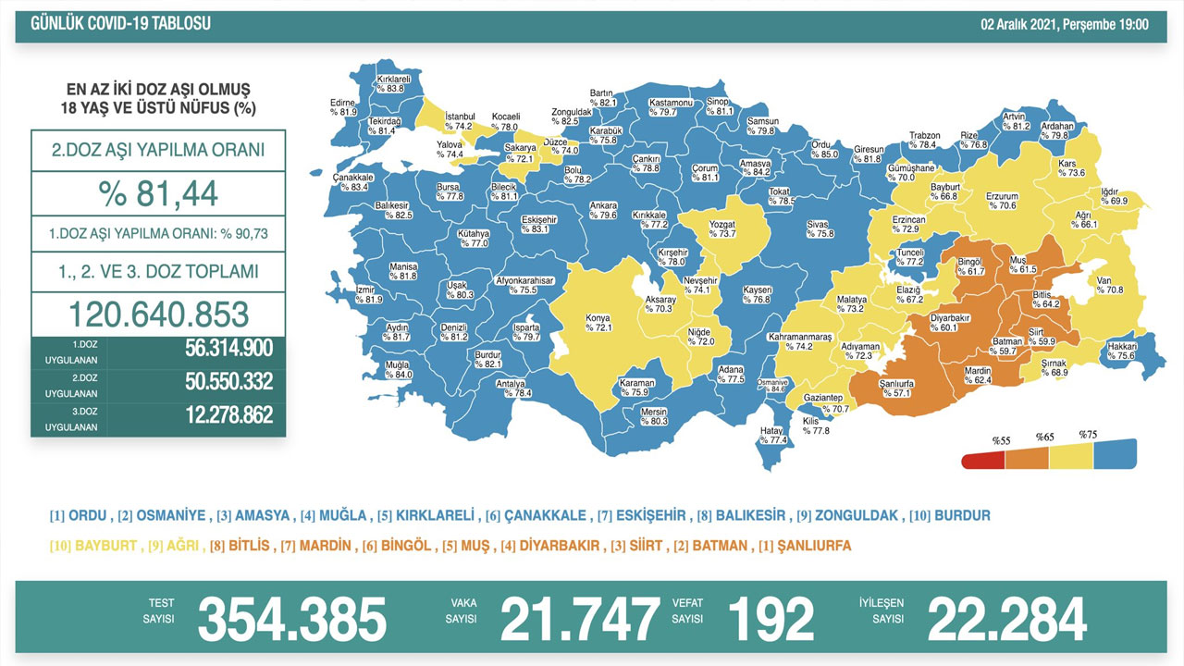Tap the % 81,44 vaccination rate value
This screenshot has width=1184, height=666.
[158, 194]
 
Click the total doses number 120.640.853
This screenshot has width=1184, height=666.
[158, 314]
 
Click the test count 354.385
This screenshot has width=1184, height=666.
[291, 619]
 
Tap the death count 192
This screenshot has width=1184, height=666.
[771, 619]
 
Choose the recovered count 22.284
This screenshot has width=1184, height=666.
[1006, 619]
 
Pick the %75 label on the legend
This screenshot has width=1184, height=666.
[1088, 434]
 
